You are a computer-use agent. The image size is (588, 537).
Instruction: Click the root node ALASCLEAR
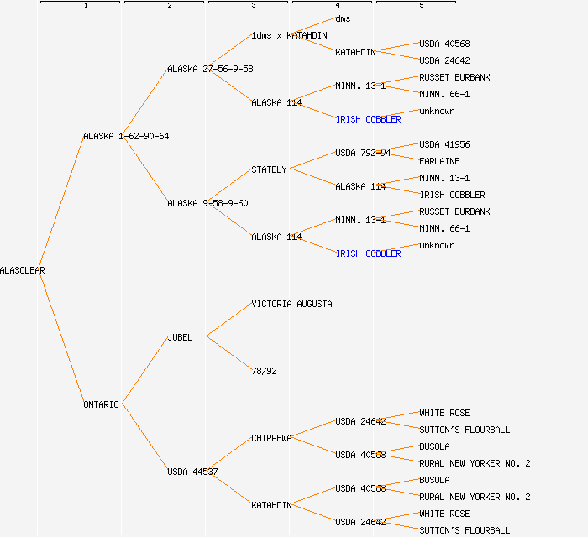[x=23, y=270]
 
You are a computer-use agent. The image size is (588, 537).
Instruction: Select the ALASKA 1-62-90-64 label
[x=126, y=136]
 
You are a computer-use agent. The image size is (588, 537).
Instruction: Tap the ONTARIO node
[x=101, y=404]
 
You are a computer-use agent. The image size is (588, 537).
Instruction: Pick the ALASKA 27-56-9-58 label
[x=210, y=69]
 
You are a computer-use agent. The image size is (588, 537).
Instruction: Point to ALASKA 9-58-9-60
[x=207, y=203]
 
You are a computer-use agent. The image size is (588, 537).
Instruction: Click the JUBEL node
[x=180, y=337]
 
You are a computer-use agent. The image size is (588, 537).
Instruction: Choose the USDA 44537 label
[x=192, y=472]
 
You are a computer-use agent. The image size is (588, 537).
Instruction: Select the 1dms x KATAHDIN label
[x=289, y=35]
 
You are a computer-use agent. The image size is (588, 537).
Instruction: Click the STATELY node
[x=269, y=169]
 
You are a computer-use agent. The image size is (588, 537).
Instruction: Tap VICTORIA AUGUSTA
[x=291, y=304]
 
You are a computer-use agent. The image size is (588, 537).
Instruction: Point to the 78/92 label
[x=264, y=371]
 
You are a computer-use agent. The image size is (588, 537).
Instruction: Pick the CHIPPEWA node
[x=271, y=438]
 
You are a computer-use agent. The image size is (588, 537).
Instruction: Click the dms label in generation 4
[x=343, y=18]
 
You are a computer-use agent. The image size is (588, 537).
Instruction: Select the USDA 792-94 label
[x=363, y=153]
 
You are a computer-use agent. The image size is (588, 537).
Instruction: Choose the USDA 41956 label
[x=444, y=144]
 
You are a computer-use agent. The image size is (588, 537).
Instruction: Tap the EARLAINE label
[x=439, y=161]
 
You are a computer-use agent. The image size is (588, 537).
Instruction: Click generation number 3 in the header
[x=253, y=6]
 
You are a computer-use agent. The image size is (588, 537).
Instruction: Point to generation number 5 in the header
[x=421, y=6]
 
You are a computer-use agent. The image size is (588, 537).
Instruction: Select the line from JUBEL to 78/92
[x=228, y=353]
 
